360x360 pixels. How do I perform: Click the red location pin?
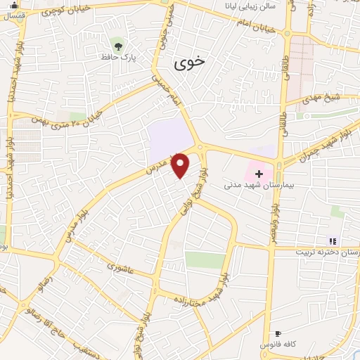tap(181, 165)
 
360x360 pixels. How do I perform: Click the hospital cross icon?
tap(259, 173)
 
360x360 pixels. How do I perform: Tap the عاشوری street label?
tap(120, 268)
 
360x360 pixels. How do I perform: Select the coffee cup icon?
tap(278, 333)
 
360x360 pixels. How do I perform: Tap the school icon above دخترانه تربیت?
tap(333, 241)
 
